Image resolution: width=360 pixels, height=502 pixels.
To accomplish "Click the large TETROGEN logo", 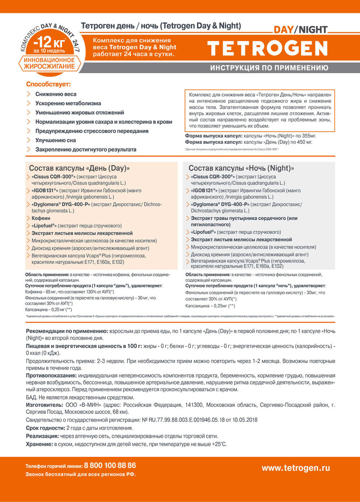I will (267, 49).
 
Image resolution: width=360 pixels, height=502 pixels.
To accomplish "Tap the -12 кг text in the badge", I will (49, 43).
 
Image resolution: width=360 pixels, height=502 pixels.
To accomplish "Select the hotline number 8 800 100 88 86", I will (110, 465).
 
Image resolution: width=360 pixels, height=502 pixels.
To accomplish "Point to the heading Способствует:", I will (49, 84).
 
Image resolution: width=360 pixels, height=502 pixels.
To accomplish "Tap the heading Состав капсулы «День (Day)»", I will (80, 168).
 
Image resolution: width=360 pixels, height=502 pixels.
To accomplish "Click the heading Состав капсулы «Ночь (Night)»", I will (241, 168).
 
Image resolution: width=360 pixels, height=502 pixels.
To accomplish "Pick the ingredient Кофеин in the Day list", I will (41, 218).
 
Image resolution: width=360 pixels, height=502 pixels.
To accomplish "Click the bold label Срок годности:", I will (45, 428).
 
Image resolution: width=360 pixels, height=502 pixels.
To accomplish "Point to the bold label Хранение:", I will (39, 444).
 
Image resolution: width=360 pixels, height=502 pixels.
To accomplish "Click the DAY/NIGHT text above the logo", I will (301, 30).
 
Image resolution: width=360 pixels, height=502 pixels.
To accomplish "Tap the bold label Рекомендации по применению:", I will (67, 330).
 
